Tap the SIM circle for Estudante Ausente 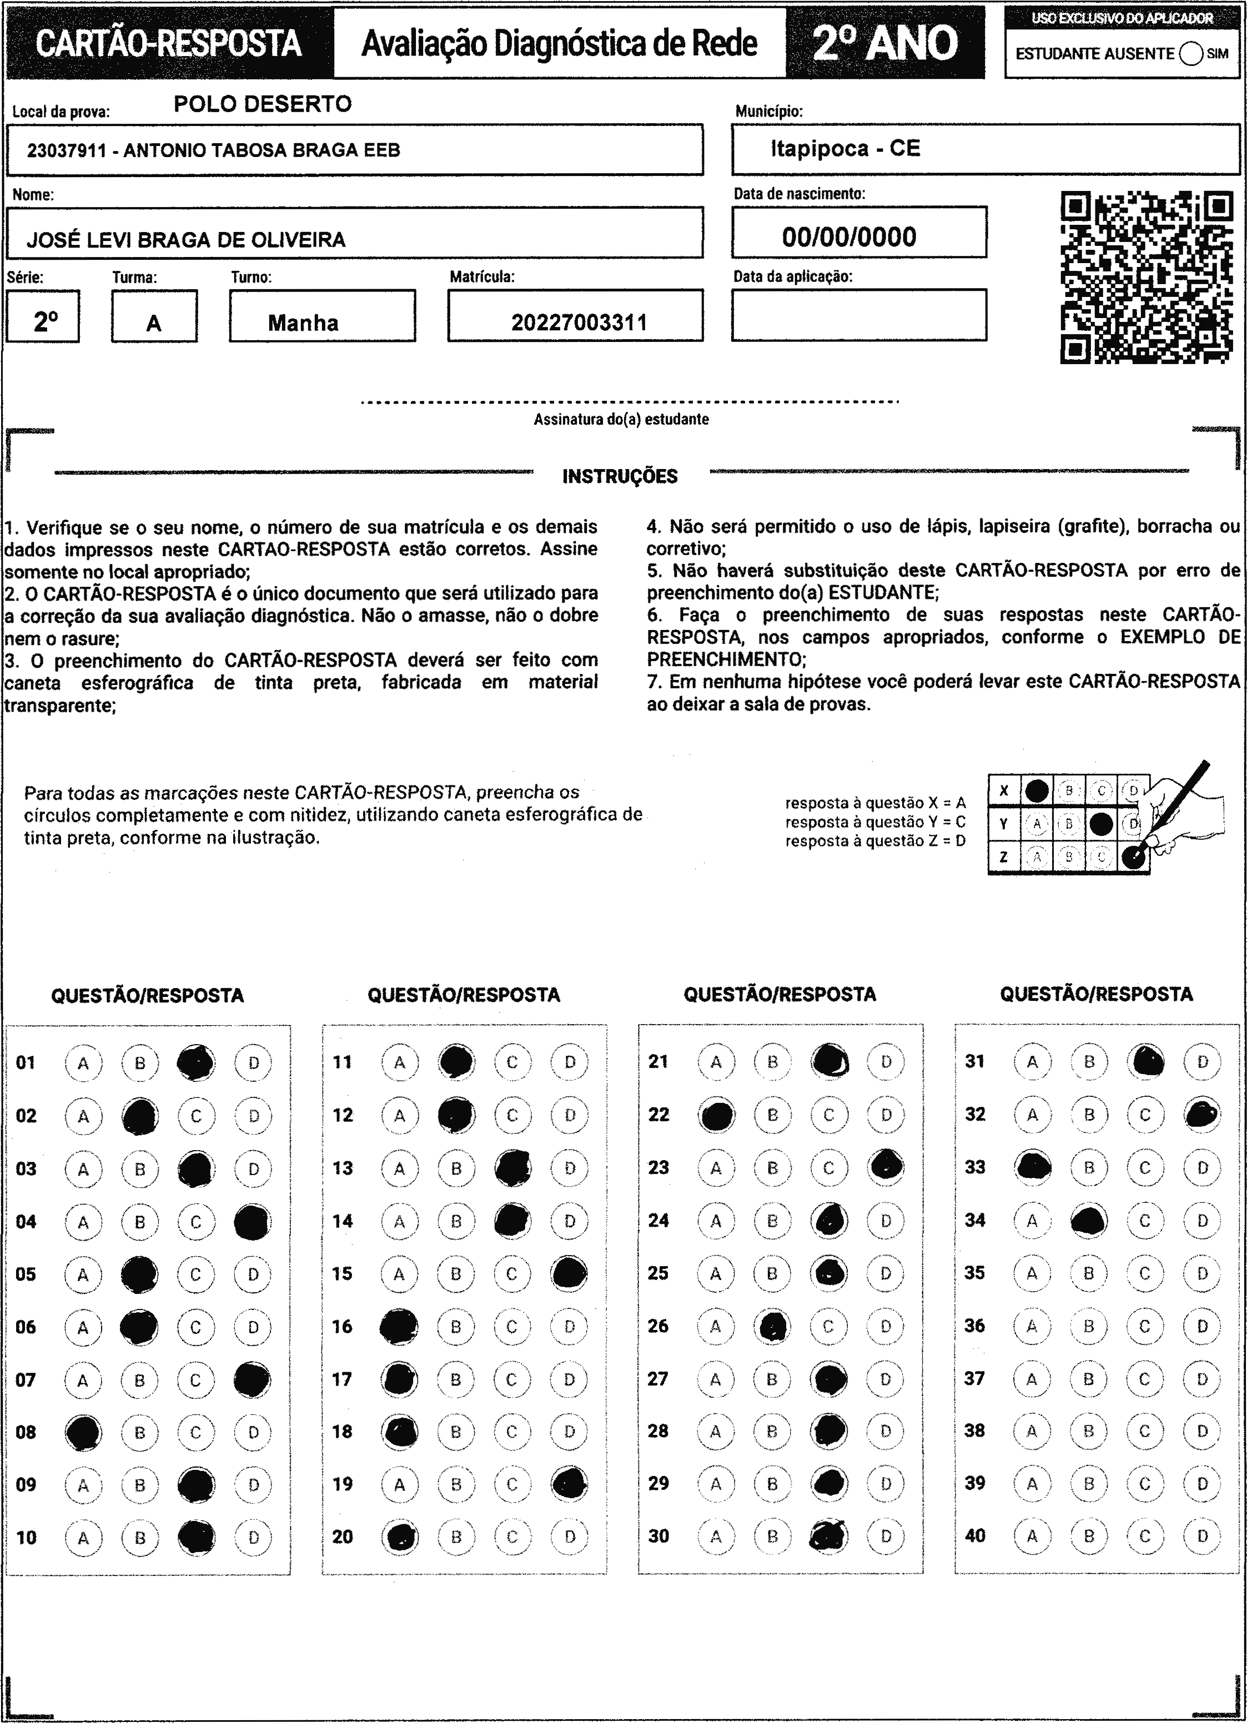pyautogui.click(x=1191, y=54)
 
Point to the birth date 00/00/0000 pyautogui.click(x=849, y=237)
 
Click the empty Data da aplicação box pyautogui.click(x=859, y=315)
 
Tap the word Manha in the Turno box pyautogui.click(x=303, y=323)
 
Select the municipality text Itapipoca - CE pyautogui.click(x=845, y=148)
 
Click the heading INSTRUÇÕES pyautogui.click(x=619, y=476)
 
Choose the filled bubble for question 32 pyautogui.click(x=1202, y=1115)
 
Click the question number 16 pyautogui.click(x=343, y=1327)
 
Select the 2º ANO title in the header pyautogui.click(x=886, y=43)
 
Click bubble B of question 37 pyautogui.click(x=1089, y=1378)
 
